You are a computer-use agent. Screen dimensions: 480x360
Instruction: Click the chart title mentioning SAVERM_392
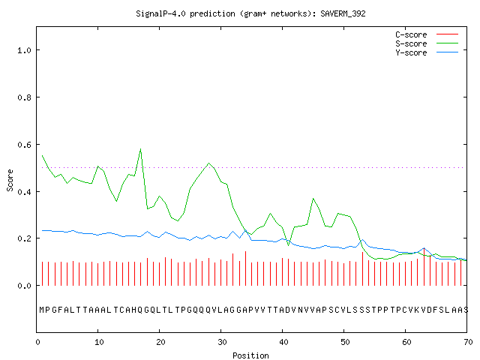(250, 13)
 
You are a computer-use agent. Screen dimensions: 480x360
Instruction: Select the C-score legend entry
(427, 34)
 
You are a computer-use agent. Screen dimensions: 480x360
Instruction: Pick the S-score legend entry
(427, 43)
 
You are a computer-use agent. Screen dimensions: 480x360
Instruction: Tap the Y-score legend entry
(427, 52)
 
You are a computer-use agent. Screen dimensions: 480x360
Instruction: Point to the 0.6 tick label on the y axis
(25, 145)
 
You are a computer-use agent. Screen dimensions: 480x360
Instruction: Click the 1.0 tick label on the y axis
(25, 50)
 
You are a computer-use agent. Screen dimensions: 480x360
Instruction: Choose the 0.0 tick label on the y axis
(25, 286)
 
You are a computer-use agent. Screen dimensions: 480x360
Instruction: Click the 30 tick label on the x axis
(222, 342)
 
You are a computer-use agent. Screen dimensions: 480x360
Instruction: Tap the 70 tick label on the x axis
(468, 342)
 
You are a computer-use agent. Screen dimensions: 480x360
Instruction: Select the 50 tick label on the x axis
(345, 342)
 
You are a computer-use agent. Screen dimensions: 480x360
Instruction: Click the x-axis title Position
(250, 355)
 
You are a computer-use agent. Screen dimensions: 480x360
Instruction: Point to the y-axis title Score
(10, 180)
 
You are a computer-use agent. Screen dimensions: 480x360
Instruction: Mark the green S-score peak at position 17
(140, 149)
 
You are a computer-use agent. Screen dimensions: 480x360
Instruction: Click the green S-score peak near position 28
(208, 163)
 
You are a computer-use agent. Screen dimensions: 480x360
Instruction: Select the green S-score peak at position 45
(313, 199)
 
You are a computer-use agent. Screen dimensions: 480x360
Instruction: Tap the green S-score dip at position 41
(288, 245)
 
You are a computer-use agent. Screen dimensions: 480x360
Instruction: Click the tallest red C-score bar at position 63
(424, 267)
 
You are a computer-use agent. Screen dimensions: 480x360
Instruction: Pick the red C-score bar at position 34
(245, 268)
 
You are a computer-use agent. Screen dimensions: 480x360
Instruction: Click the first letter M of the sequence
(42, 310)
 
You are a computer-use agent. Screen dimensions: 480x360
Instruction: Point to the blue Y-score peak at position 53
(362, 240)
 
